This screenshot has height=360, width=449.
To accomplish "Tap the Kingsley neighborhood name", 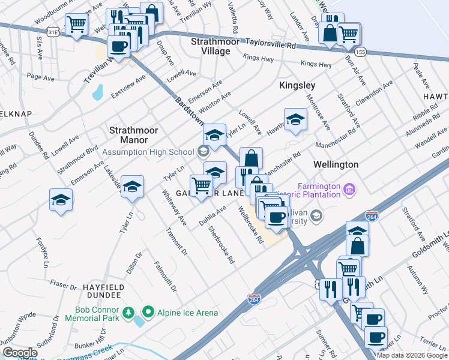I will pyautogui.click(x=297, y=86).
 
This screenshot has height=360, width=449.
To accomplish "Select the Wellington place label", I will pyautogui.click(x=336, y=164).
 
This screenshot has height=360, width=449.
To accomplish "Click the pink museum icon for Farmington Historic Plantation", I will pyautogui.click(x=349, y=191).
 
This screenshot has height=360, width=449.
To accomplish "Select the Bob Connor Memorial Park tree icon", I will pyautogui.click(x=128, y=313).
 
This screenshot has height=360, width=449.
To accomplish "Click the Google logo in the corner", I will pyautogui.click(x=20, y=353).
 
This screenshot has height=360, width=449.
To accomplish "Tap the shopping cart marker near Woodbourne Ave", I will pyautogui.click(x=77, y=25).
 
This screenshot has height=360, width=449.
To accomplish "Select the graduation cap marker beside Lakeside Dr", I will pyautogui.click(x=132, y=187).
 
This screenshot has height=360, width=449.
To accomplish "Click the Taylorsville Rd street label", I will pyautogui.click(x=272, y=43).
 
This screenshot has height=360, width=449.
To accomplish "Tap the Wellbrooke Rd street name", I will pyautogui.click(x=251, y=226).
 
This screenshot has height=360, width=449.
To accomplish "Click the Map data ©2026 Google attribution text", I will pyautogui.click(x=412, y=355).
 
